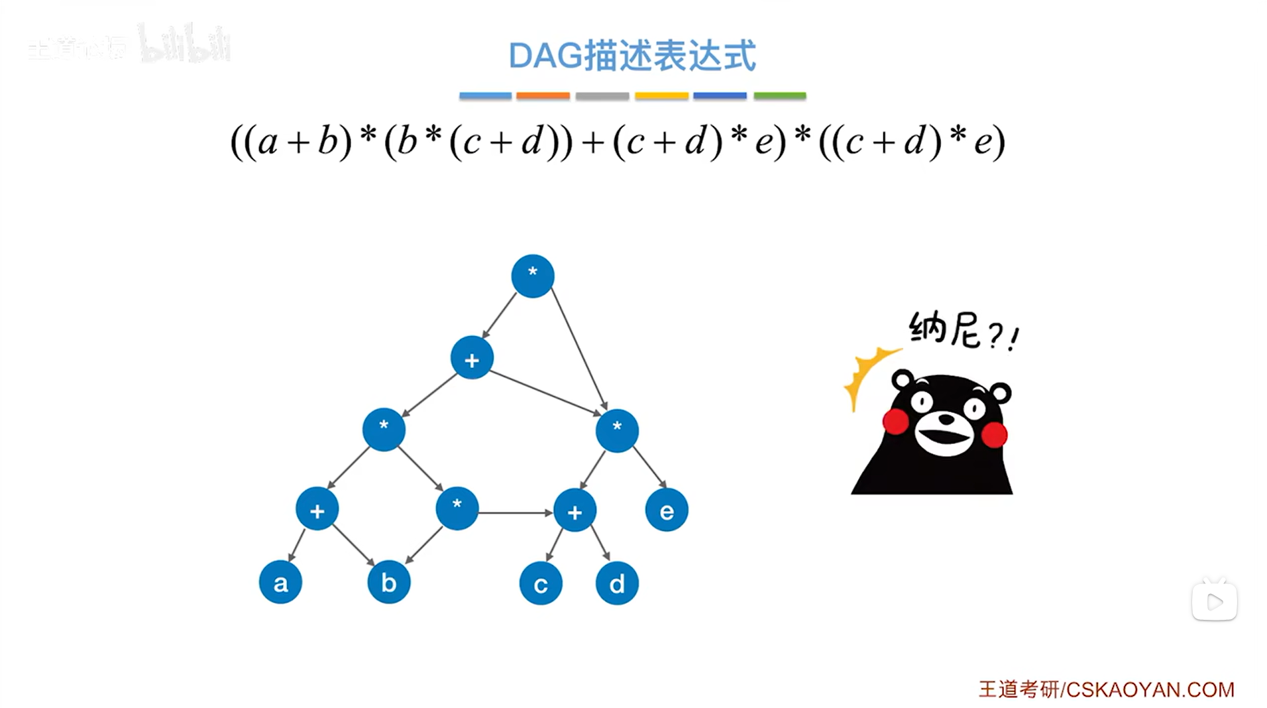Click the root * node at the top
[532, 276]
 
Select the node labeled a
[280, 582]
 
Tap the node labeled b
[388, 582]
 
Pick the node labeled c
[541, 583]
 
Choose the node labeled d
[617, 583]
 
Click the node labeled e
[667, 510]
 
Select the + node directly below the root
[472, 359]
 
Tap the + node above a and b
[317, 510]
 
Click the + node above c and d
[575, 511]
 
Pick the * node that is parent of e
[617, 431]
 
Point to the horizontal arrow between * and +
[516, 512]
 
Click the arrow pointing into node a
[296, 546]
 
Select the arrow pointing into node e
[649, 467]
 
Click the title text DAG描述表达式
[632, 56]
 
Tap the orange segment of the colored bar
[543, 96]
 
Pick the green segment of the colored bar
[779, 96]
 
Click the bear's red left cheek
[895, 422]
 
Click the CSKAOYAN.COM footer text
[1149, 689]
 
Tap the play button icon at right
[1214, 602]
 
